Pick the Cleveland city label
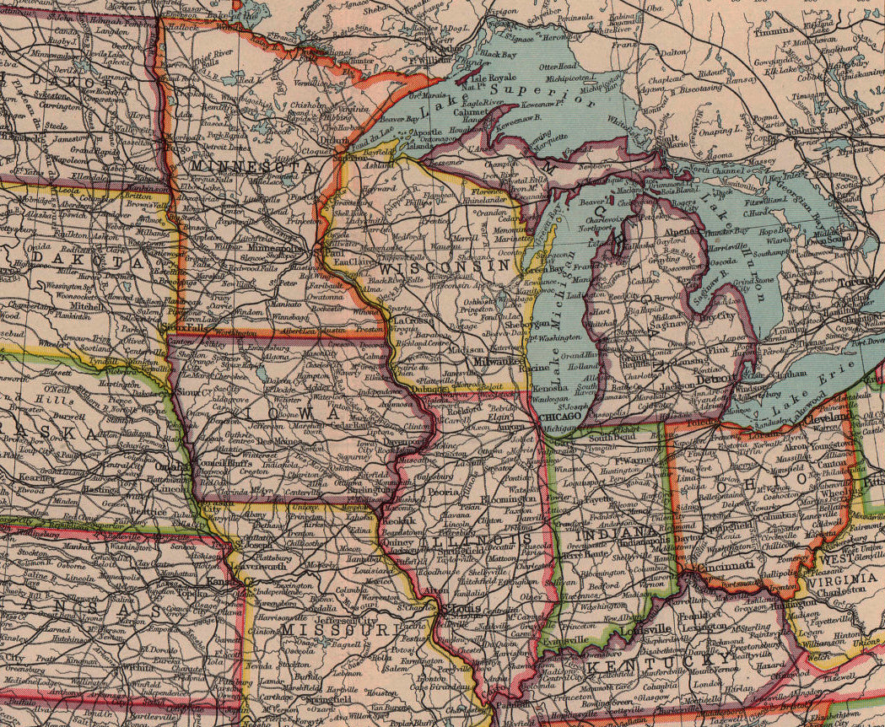pyautogui.click(x=826, y=418)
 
